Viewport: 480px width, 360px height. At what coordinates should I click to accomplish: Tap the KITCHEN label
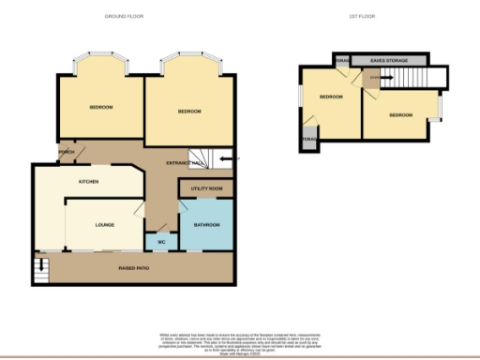tap(89, 181)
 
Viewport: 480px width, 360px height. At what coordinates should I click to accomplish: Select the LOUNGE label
tap(104, 225)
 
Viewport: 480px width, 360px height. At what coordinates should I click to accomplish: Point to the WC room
tap(160, 243)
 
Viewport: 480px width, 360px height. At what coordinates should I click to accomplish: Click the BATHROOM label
tap(206, 226)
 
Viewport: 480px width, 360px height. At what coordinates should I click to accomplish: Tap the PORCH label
tap(67, 152)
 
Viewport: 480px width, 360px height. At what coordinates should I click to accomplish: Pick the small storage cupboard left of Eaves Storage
tap(342, 61)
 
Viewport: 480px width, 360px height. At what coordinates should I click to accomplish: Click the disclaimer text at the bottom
tap(239, 340)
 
